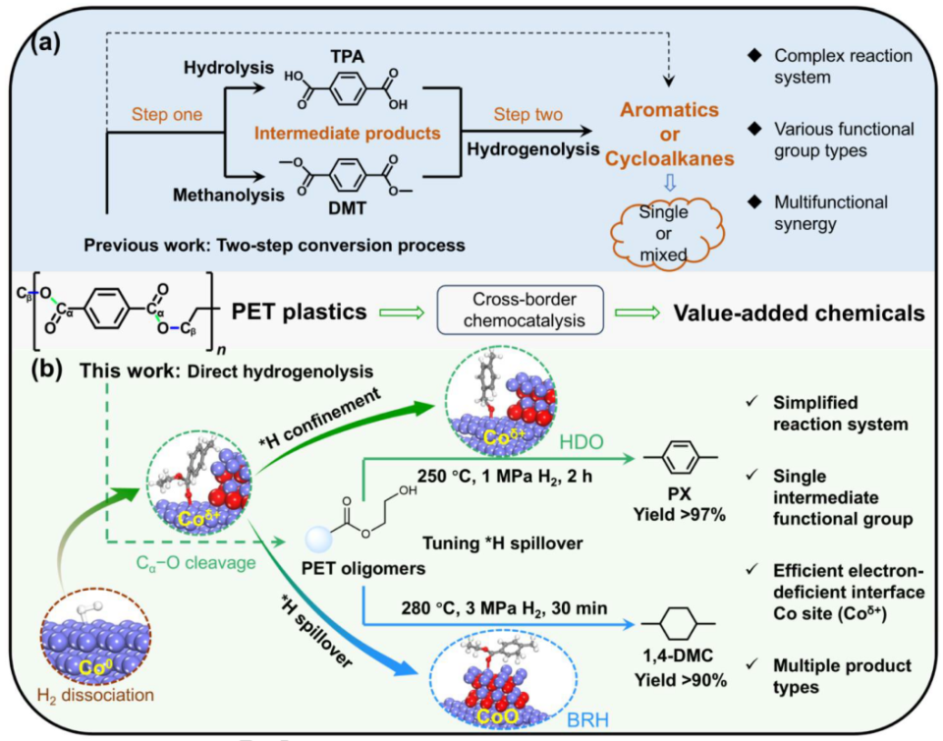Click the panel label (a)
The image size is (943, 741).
[x=46, y=43]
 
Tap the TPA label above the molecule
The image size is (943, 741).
[x=347, y=57]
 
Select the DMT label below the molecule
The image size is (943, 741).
[x=347, y=208]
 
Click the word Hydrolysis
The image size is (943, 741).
[x=229, y=68]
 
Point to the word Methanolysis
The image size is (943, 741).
[x=229, y=195]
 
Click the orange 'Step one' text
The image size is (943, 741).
[x=167, y=114]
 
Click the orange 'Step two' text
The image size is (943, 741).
[x=528, y=114]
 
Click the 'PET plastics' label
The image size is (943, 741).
[x=299, y=312]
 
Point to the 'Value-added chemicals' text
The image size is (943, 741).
[x=799, y=313]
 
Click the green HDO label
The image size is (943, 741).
[x=581, y=442]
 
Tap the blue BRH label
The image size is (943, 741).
[x=588, y=719]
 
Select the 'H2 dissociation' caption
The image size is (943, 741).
[x=95, y=695]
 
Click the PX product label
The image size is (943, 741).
[x=680, y=494]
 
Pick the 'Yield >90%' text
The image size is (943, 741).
[x=680, y=680]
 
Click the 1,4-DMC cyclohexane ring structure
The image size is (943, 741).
[x=680, y=624]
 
